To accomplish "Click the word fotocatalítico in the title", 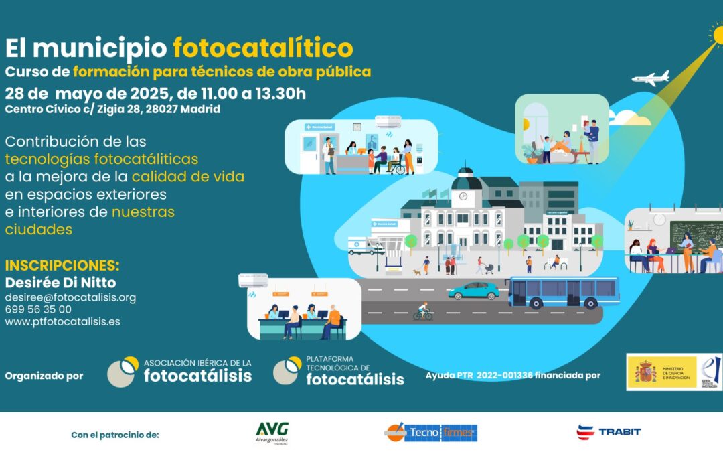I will (262, 48).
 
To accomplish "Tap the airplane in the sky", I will (650, 78).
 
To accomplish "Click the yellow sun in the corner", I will (717, 33).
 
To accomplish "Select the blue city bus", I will (563, 292).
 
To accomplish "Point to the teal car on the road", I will (473, 291).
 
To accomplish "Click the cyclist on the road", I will (422, 312).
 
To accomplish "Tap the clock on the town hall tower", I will (463, 196).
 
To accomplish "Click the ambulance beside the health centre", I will (366, 246).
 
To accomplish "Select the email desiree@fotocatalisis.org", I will (70, 297).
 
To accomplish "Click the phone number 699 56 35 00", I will (38, 309).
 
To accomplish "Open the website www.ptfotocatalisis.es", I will (62, 321).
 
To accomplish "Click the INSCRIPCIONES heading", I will (62, 265).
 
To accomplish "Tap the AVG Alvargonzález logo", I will (272, 432).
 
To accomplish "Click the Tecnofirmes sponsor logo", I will (430, 433).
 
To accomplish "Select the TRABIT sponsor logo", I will (609, 431).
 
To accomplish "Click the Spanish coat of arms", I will (645, 372).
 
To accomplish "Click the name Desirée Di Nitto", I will (60, 281).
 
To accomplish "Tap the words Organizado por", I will (44, 376).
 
